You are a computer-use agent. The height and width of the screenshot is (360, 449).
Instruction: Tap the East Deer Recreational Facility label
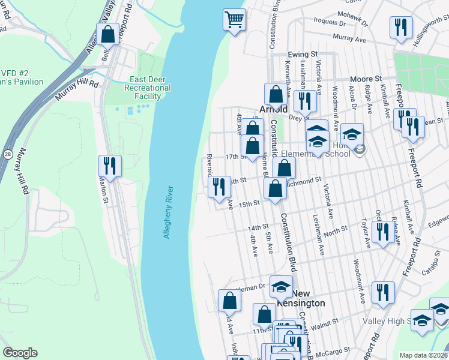coord(151,88)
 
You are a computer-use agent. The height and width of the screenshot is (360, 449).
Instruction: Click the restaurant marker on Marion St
coord(110,165)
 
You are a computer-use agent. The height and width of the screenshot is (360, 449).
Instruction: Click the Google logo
coord(20,353)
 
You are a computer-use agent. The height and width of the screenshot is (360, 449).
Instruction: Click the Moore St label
coord(366,79)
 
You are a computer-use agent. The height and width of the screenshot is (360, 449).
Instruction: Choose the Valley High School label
coord(387,321)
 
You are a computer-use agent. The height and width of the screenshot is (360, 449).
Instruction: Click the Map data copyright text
coord(424,355)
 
